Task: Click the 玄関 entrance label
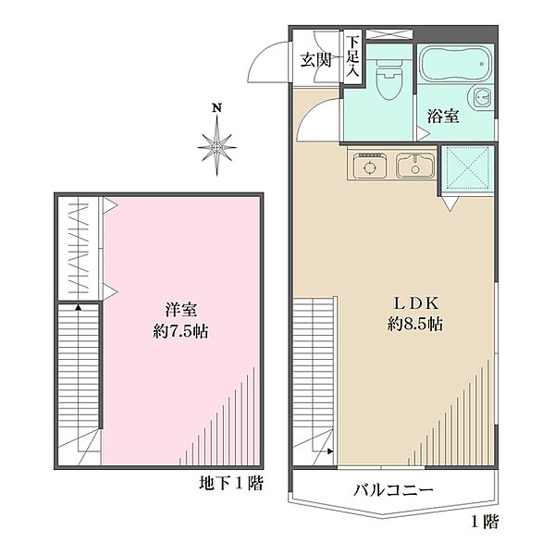coord(315,62)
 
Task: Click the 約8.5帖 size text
coord(414,325)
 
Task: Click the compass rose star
coord(217,145)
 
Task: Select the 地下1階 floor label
coord(230,483)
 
